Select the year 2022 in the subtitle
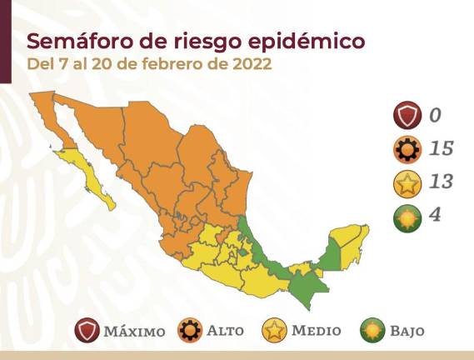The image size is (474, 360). tap(251, 64)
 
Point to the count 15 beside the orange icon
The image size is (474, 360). tap(441, 148)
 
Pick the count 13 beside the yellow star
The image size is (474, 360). tap(441, 182)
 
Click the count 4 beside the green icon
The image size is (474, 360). tap(435, 215)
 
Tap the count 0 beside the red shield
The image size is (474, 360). tap(435, 114)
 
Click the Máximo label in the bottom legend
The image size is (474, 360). tap(134, 331)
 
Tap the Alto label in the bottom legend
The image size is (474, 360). tap(224, 331)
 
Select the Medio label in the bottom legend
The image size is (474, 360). tap(316, 331)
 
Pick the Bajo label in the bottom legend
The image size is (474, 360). tap(406, 331)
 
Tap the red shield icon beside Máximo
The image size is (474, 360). tap(86, 331)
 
